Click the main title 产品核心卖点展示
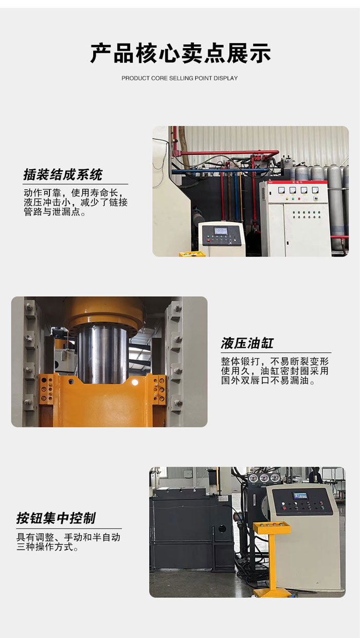click(181, 53)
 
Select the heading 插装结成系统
click(63, 174)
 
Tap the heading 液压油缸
click(247, 343)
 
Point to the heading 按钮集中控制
click(56, 518)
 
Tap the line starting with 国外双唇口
click(268, 380)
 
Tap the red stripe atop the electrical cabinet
click(293, 182)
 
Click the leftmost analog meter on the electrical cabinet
click(281, 190)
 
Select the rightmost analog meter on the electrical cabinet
click(315, 190)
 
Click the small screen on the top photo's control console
click(221, 230)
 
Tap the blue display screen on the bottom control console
click(300, 496)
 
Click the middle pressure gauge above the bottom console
click(264, 478)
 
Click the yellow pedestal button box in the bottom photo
click(272, 528)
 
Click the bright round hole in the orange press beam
click(135, 382)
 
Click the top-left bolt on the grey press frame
click(29, 307)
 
